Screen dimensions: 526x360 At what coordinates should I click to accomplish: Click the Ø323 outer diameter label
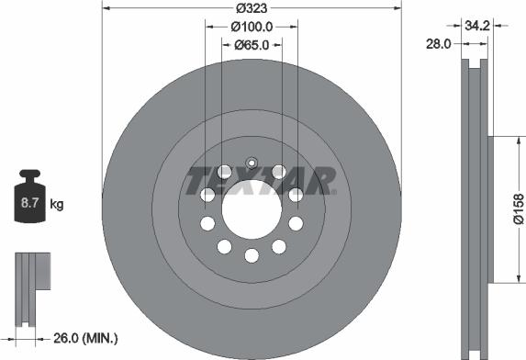click(252, 8)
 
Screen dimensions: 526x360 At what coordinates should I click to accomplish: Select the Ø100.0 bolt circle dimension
click(252, 27)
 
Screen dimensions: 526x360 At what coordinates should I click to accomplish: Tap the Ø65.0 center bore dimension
click(252, 45)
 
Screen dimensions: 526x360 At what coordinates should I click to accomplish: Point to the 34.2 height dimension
click(477, 25)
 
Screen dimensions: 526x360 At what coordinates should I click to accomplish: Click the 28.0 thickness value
click(439, 43)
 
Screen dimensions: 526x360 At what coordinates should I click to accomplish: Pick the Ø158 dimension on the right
click(519, 208)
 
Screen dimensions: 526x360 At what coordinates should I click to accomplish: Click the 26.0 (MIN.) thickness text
click(85, 338)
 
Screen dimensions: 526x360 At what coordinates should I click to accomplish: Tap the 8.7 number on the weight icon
click(30, 203)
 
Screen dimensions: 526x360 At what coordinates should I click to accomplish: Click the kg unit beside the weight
click(56, 204)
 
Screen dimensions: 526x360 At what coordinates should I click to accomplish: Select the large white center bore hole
click(252, 209)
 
